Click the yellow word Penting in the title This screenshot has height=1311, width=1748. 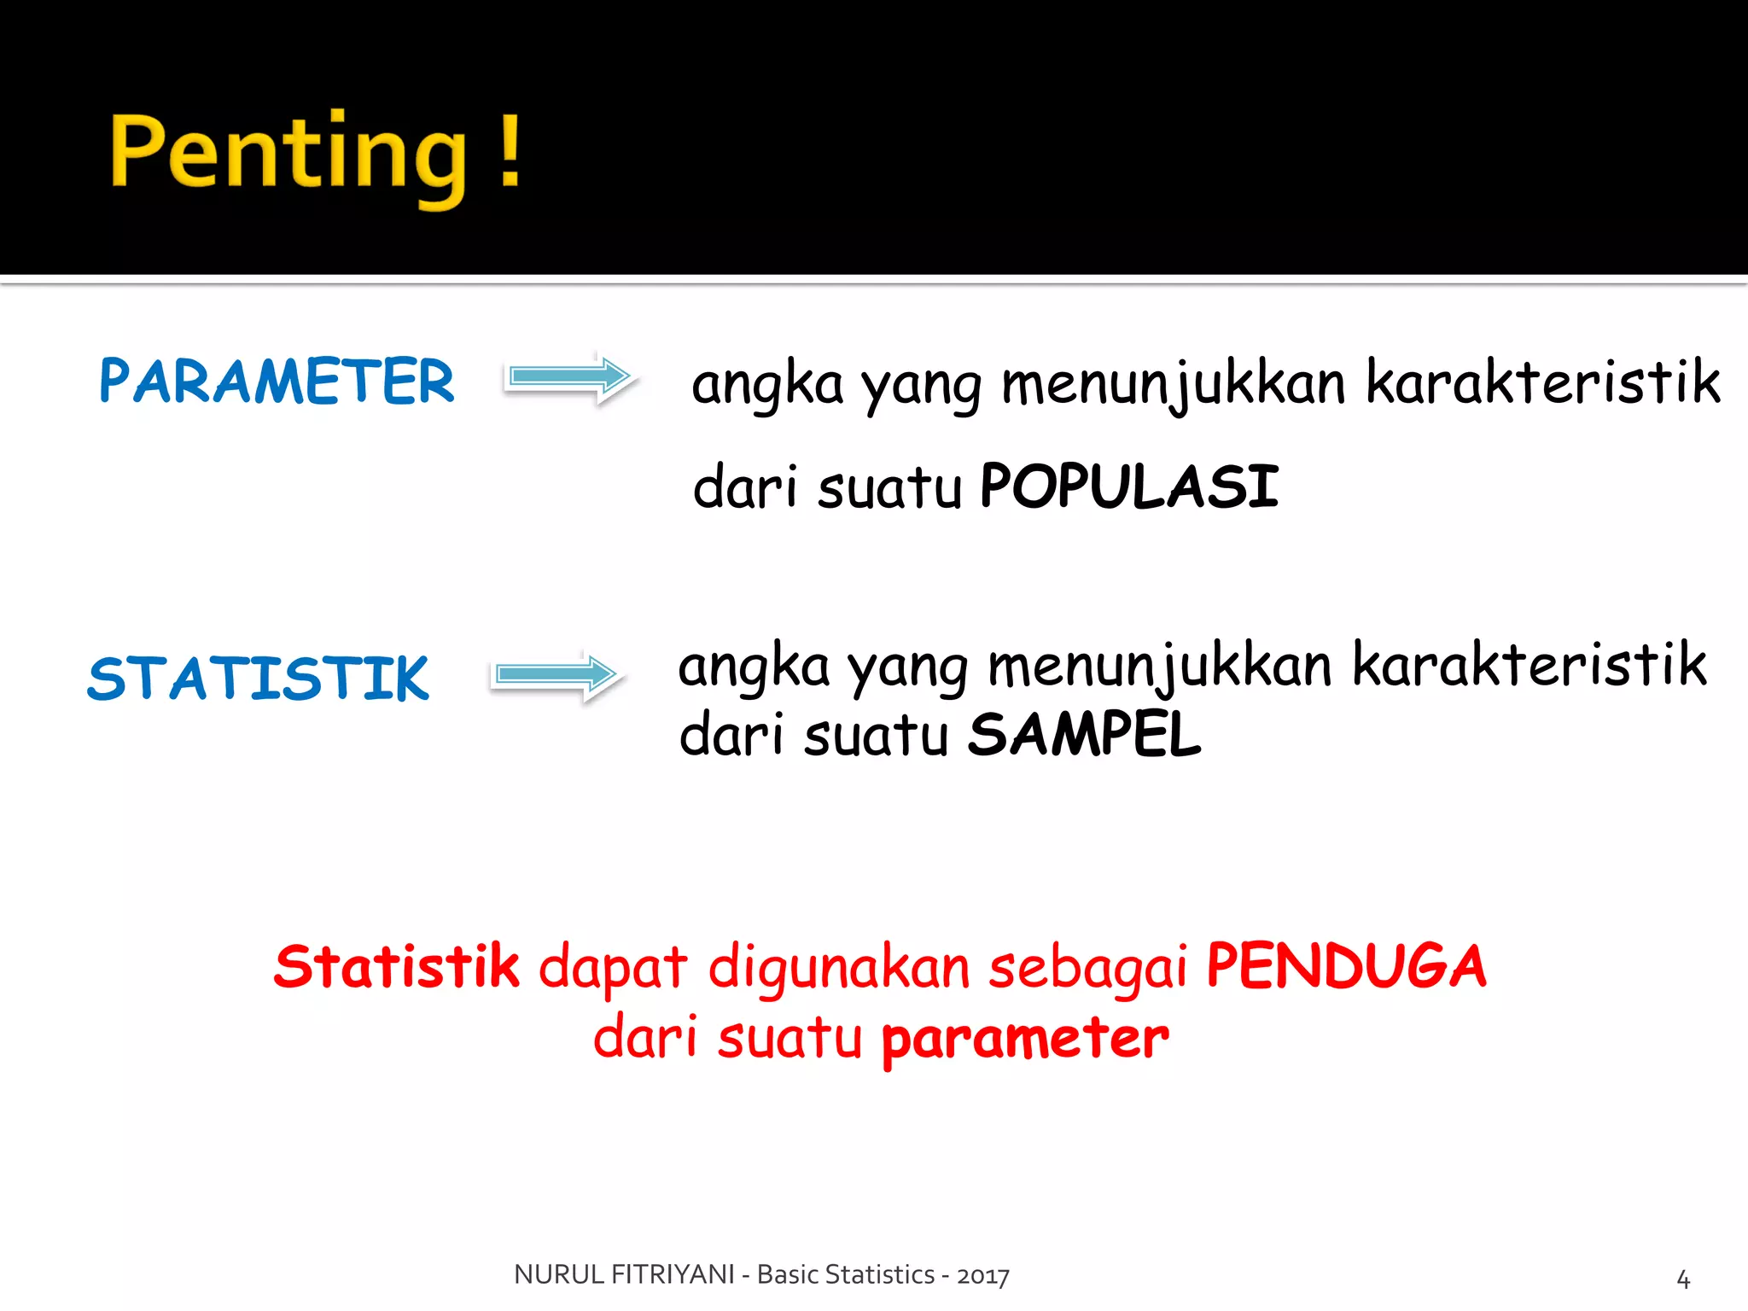(288, 154)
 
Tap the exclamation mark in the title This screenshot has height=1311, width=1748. (510, 150)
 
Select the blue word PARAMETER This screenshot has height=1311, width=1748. (277, 381)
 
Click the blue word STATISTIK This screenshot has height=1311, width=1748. (258, 679)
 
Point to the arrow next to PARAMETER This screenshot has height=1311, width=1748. (569, 376)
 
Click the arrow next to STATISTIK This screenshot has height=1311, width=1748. (556, 674)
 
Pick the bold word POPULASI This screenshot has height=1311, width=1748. (1129, 487)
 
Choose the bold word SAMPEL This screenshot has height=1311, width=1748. (1084, 735)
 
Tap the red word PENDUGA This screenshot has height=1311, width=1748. (1346, 966)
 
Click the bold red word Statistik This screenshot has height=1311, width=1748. (396, 967)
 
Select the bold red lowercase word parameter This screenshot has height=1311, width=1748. (1024, 1040)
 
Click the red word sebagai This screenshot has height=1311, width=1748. (1087, 969)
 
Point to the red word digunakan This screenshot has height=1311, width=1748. (839, 969)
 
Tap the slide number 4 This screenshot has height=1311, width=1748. (1683, 1279)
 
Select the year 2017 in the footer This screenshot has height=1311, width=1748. (983, 1275)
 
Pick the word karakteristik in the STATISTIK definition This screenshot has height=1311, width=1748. (1529, 665)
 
